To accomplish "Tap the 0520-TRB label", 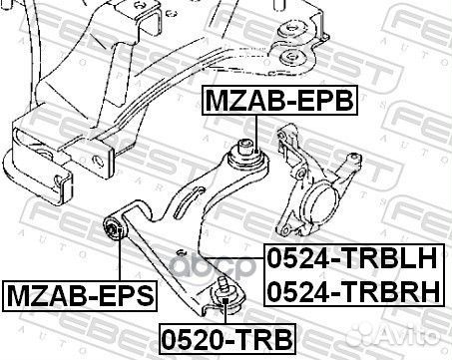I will [x=217, y=333].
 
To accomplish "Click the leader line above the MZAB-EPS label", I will [x=117, y=260].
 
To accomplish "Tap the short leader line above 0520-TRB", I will [x=225, y=310].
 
